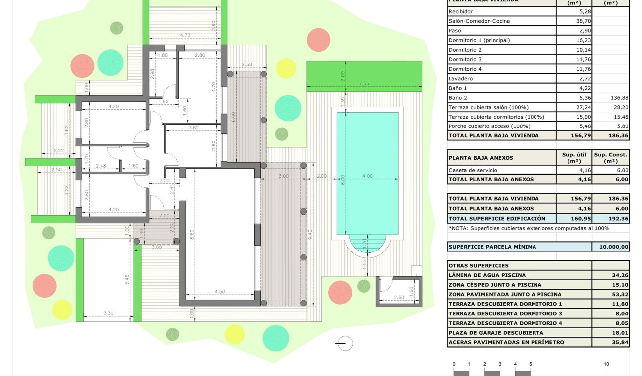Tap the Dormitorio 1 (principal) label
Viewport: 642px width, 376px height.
click(479, 40)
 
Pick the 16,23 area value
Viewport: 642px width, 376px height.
click(577, 40)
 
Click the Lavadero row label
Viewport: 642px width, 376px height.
click(460, 79)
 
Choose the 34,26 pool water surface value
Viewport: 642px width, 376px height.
click(620, 275)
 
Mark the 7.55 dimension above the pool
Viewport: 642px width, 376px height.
click(364, 84)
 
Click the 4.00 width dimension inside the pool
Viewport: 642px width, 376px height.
click(367, 176)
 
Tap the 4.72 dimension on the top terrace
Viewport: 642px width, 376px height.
click(185, 35)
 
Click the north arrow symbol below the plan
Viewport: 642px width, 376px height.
click(344, 343)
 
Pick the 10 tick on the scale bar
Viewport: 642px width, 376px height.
click(606, 364)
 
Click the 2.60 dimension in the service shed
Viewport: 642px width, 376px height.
click(399, 298)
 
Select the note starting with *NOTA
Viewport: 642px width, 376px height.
click(529, 228)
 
